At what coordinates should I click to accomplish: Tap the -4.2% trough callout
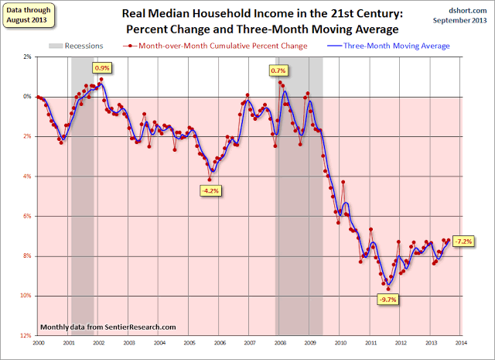(x=210, y=190)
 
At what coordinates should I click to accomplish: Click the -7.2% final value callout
(x=463, y=241)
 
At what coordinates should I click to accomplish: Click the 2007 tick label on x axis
(x=250, y=343)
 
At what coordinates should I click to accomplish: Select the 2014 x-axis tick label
(x=460, y=343)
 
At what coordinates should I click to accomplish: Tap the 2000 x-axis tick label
(x=38, y=343)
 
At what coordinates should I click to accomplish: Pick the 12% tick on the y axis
(x=26, y=335)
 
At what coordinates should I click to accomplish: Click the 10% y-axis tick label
(x=26, y=296)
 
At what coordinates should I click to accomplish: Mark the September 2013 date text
(x=466, y=19)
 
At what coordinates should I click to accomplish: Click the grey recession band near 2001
(x=82, y=194)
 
